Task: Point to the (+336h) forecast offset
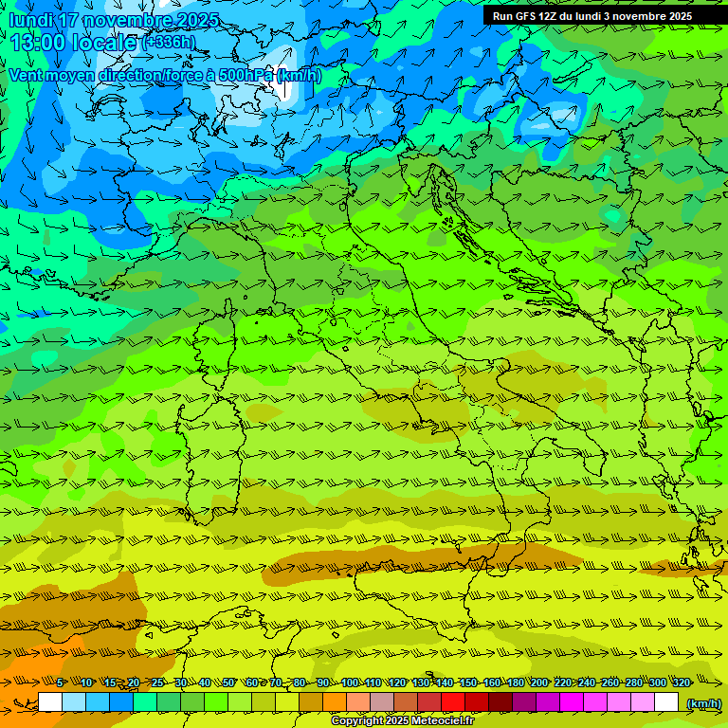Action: click(x=169, y=43)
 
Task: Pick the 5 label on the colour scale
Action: click(x=60, y=682)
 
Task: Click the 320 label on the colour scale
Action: click(x=682, y=682)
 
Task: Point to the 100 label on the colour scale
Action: click(x=350, y=682)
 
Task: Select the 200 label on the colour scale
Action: click(x=539, y=682)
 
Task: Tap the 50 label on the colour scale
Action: click(x=228, y=682)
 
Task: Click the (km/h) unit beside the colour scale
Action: click(x=702, y=703)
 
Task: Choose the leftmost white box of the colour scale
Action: click(x=50, y=702)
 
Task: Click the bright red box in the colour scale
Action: click(x=453, y=702)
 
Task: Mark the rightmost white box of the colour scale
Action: click(x=666, y=702)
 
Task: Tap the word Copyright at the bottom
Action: click(x=358, y=721)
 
